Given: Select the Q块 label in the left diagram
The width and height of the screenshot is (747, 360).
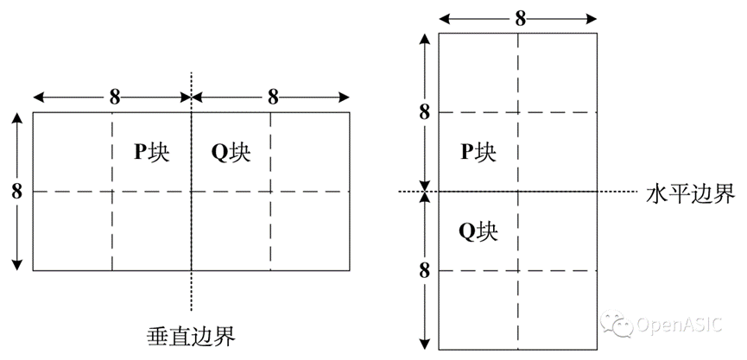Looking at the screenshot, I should pos(231,153).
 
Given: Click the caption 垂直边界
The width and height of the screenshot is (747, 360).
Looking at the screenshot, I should pos(192,333).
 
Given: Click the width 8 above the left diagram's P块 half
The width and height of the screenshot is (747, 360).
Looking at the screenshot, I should pos(114,97).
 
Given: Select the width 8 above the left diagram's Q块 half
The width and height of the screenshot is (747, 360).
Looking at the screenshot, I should pos(272,97).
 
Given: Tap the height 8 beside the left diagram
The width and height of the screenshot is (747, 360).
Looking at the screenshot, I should pos(16,192).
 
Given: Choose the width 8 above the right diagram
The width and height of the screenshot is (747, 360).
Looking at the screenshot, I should pos(520,17).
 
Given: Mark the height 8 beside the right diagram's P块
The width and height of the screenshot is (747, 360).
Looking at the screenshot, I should pos(423,111).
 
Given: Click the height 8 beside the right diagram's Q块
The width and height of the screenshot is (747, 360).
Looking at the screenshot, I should pos(423,270).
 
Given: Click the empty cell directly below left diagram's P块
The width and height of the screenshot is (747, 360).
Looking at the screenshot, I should pos(151,231).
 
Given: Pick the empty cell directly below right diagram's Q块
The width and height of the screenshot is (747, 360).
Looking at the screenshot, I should pos(478,310).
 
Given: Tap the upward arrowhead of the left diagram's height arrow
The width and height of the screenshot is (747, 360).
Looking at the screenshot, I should pos(16,118).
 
